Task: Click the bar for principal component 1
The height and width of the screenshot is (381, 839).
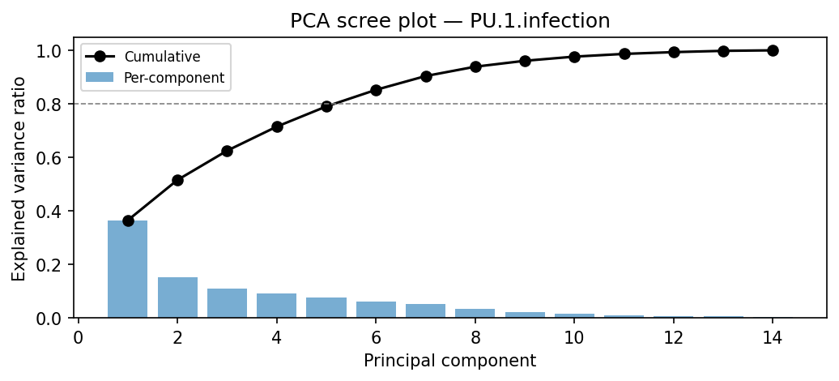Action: pyautogui.click(x=128, y=269)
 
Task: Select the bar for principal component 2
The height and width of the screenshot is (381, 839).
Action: pyautogui.click(x=177, y=298)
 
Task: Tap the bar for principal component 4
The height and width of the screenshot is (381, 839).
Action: pyautogui.click(x=277, y=306)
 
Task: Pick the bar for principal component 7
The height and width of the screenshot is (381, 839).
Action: pyautogui.click(x=426, y=310)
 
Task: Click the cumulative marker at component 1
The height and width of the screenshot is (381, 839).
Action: pyautogui.click(x=128, y=220)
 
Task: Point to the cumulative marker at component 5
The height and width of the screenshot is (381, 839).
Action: pyautogui.click(x=326, y=106)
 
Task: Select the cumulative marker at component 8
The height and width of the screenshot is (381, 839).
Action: pyautogui.click(x=475, y=66)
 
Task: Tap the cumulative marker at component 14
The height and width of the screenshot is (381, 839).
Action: pyautogui.click(x=773, y=50)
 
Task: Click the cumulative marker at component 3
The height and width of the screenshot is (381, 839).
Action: pyautogui.click(x=227, y=151)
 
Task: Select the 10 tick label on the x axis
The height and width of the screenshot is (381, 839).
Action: pyautogui.click(x=574, y=336)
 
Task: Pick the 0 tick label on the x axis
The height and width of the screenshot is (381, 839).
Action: pyautogui.click(x=79, y=336)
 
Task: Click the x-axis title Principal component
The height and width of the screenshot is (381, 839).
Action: pyautogui.click(x=449, y=360)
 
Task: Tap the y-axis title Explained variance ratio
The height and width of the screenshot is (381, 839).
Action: pyautogui.click(x=19, y=178)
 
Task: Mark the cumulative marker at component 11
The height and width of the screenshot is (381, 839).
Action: pyautogui.click(x=624, y=54)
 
